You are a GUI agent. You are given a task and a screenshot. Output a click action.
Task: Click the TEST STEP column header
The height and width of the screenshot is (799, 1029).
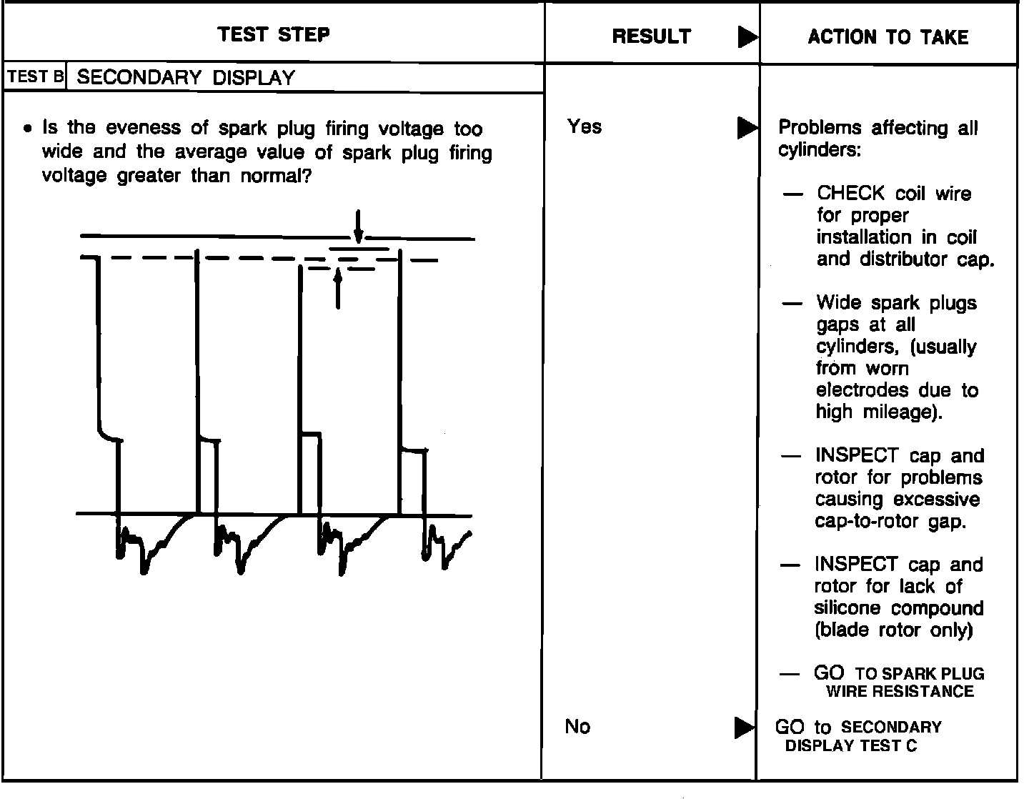274,34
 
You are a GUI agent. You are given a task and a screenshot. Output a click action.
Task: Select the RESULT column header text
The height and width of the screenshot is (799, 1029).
651,36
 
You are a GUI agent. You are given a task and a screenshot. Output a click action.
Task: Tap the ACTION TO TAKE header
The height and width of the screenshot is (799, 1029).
888,37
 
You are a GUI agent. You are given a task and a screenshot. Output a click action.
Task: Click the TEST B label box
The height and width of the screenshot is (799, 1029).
35,77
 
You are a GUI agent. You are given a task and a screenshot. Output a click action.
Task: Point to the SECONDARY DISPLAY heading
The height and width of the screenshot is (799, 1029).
186,78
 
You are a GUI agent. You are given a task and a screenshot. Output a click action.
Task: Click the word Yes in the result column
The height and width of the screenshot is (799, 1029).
585,127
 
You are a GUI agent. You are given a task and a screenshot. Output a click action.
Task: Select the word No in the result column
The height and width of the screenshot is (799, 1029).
577,727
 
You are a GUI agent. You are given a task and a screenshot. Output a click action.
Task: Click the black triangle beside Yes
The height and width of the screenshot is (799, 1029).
747,128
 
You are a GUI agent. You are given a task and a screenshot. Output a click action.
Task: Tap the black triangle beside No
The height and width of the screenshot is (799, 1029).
745,728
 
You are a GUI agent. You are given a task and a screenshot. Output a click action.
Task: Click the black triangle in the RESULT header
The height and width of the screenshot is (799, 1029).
747,37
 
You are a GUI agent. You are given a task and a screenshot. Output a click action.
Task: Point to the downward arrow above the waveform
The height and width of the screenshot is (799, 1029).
358,226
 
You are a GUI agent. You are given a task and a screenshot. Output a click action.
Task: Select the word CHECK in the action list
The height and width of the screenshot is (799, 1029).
850,194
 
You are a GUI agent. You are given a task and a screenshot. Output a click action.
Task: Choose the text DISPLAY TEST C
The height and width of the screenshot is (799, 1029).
850,745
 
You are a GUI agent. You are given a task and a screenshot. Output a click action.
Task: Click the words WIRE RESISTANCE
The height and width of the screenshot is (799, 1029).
900,691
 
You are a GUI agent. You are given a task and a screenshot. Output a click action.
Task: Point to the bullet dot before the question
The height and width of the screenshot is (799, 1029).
27,130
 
